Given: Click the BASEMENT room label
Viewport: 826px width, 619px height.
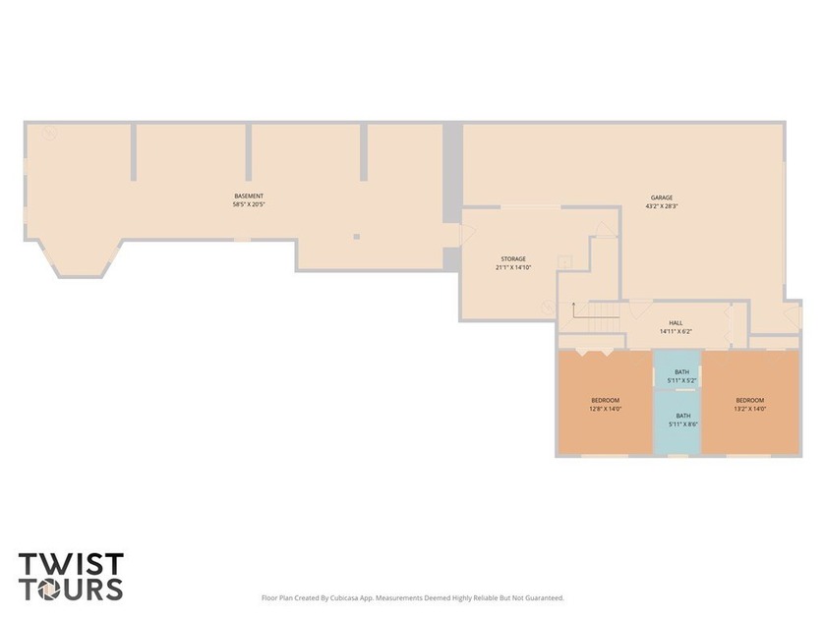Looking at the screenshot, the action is pyautogui.click(x=249, y=196).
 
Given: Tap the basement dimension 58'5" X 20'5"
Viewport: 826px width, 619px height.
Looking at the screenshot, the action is pyautogui.click(x=249, y=204).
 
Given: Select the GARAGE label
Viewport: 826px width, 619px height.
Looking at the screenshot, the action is pyautogui.click(x=662, y=197).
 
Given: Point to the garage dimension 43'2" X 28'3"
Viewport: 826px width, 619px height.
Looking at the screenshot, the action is pyautogui.click(x=662, y=206).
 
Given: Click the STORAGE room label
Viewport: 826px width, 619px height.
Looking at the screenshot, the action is pyautogui.click(x=513, y=259).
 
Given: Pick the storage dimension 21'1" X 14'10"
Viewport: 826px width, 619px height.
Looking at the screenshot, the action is pyautogui.click(x=513, y=267).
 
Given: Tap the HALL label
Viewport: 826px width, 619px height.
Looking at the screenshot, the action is pyautogui.click(x=676, y=323).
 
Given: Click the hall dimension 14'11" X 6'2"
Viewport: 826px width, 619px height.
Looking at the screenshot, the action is pyautogui.click(x=676, y=332).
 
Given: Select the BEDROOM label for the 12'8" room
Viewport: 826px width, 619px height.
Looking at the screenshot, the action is pyautogui.click(x=606, y=400).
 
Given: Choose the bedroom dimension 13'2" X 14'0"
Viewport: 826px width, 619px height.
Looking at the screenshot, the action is pyautogui.click(x=750, y=409).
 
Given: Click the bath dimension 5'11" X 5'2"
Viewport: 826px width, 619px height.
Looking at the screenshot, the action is pyautogui.click(x=682, y=380).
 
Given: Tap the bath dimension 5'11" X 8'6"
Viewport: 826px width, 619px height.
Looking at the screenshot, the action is pyautogui.click(x=683, y=423).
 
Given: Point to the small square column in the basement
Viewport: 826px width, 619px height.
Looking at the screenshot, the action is pyautogui.click(x=357, y=237).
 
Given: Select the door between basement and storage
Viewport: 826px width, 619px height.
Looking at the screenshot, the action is pyautogui.click(x=468, y=234).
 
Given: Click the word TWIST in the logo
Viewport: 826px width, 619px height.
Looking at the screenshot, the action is pyautogui.click(x=71, y=564).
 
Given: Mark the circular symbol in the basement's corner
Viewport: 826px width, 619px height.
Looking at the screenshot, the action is pyautogui.click(x=50, y=134).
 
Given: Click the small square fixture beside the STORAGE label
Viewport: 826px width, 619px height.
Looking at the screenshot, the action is pyautogui.click(x=565, y=262).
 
